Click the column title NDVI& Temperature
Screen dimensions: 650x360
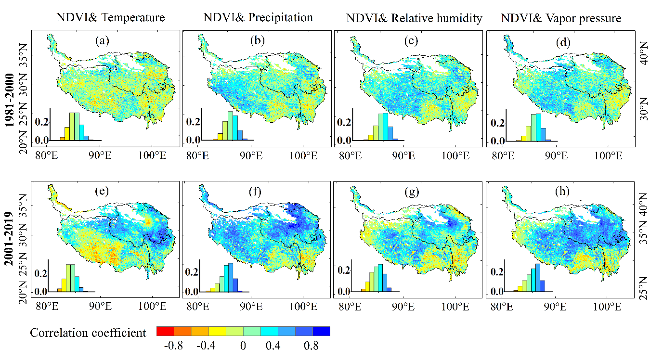(x=111, y=17)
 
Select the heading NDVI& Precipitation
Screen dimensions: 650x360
(x=258, y=17)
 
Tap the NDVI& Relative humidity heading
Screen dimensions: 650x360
(x=414, y=18)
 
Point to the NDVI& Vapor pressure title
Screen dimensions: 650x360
(x=561, y=18)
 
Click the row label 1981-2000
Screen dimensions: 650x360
(x=10, y=101)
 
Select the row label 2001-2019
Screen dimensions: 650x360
(x=9, y=239)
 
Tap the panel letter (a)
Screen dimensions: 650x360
(x=103, y=41)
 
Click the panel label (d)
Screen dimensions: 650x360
(x=563, y=43)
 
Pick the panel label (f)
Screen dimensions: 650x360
(x=255, y=192)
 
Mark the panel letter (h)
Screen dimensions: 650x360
(x=562, y=192)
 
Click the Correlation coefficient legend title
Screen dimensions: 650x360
(x=88, y=333)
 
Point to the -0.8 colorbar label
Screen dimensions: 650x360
(x=173, y=346)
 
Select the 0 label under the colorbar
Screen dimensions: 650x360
(x=243, y=346)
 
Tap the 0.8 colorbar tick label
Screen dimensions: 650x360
(x=311, y=346)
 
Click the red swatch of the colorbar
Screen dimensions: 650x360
(x=165, y=331)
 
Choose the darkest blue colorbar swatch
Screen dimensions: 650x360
(x=322, y=331)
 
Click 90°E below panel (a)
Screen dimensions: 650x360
(x=100, y=155)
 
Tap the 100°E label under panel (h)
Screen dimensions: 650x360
(x=607, y=307)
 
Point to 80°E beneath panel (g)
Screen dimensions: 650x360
(x=350, y=307)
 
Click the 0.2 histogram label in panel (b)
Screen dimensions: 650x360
(x=193, y=122)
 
